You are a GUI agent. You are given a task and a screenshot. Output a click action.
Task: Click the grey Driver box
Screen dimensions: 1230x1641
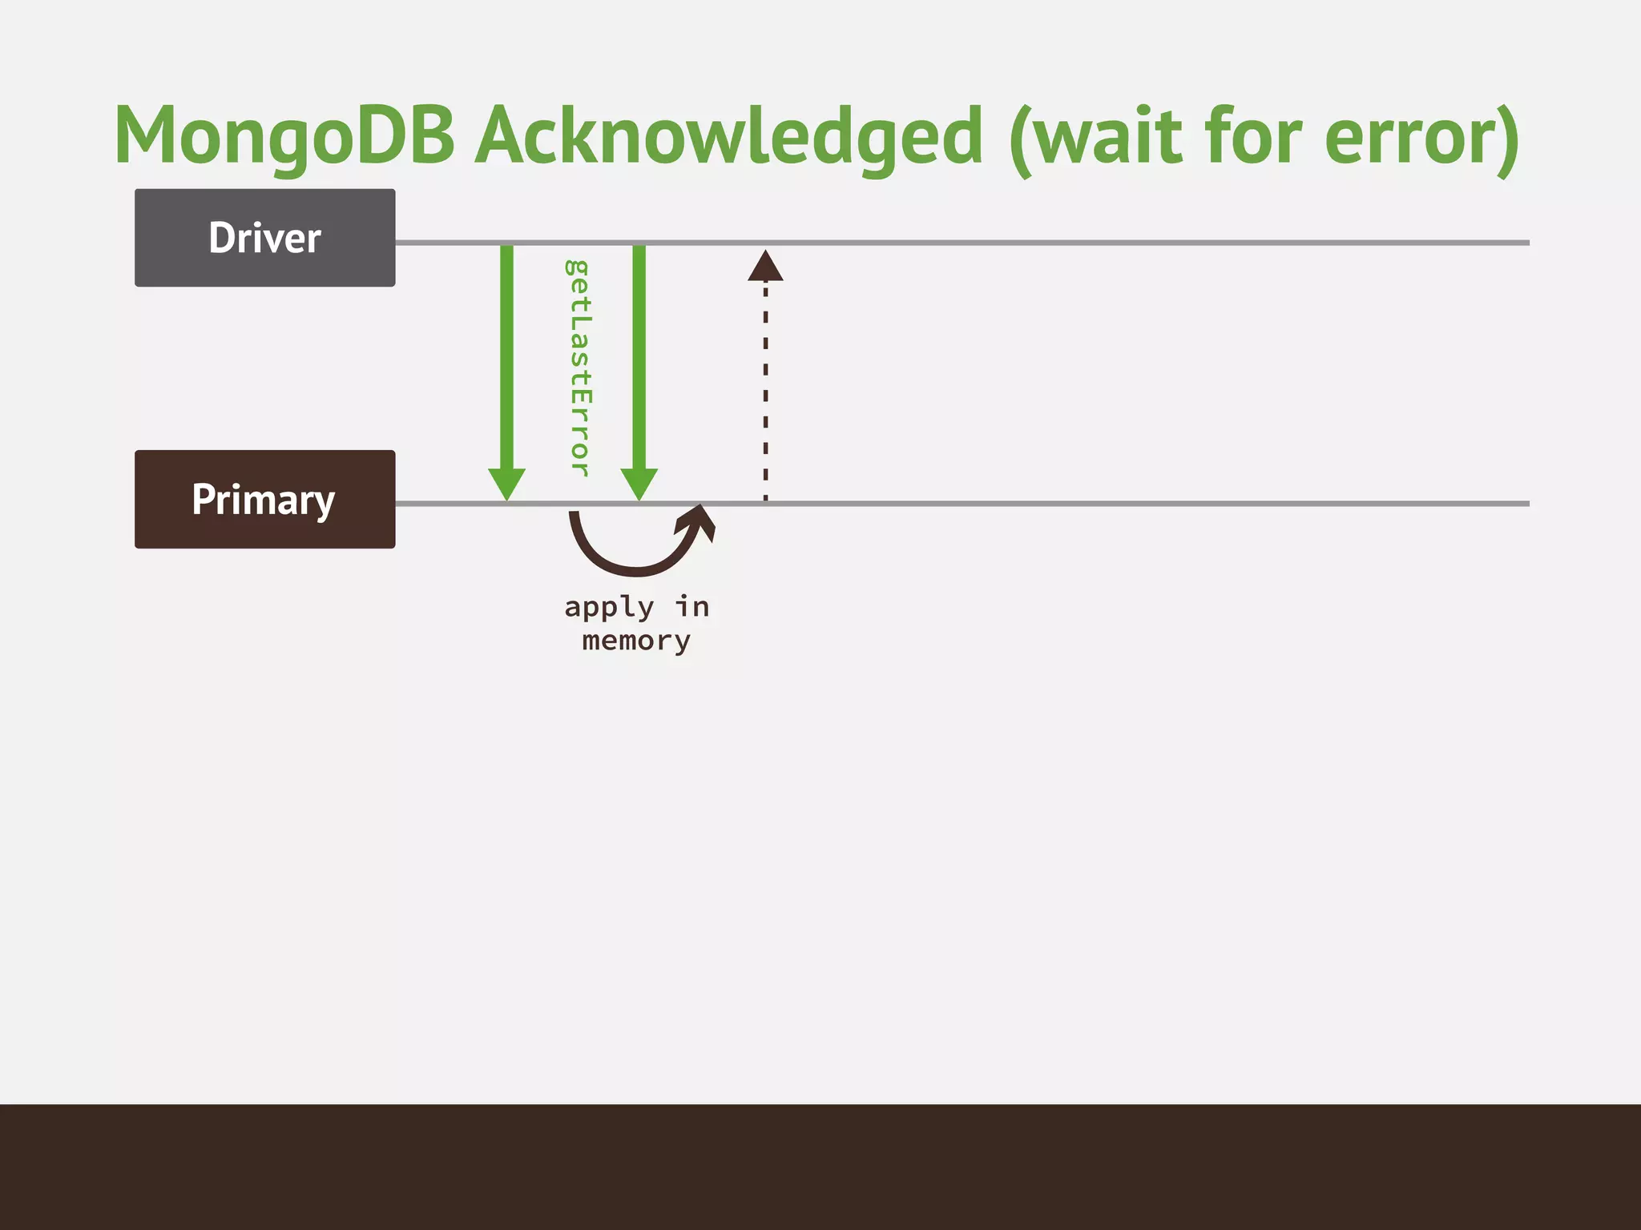(x=264, y=238)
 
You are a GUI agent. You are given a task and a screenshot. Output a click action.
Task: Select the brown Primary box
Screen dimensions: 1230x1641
(x=264, y=499)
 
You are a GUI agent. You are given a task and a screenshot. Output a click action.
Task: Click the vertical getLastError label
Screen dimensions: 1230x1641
(x=579, y=368)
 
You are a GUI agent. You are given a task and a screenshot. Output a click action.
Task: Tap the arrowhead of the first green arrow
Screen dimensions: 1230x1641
(x=506, y=484)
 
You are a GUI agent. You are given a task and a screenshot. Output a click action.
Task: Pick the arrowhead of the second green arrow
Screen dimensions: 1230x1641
(x=639, y=484)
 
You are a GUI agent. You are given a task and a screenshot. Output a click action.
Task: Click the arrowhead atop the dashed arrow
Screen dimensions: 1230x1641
(x=765, y=267)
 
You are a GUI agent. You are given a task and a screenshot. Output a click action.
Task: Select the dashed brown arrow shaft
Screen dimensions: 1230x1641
(x=765, y=392)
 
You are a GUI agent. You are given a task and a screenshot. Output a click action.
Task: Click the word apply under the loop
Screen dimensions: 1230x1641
(x=609, y=608)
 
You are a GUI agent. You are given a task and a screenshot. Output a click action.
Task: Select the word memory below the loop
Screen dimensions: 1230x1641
(x=636, y=641)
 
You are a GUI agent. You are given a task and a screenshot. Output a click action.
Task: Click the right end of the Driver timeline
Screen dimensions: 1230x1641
(x=1522, y=242)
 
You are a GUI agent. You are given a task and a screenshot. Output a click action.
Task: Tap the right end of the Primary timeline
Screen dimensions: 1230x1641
(x=1522, y=504)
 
